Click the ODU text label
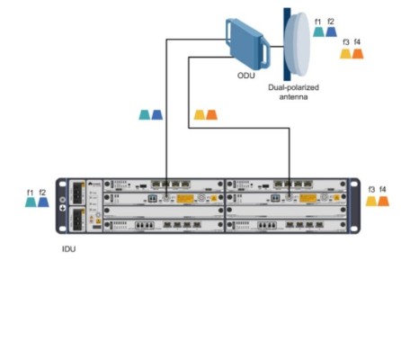tap(246, 76)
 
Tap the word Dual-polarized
tap(293, 87)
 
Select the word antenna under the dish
tap(293, 97)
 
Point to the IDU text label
tap(68, 249)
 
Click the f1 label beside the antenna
tap(317, 22)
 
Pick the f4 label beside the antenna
tap(357, 42)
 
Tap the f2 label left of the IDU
tap(42, 193)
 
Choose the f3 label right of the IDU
tap(371, 190)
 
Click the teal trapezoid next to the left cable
tap(145, 115)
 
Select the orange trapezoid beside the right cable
tap(211, 115)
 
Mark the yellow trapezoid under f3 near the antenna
tap(345, 54)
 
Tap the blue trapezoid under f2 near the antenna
tap(331, 31)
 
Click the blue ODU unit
tap(247, 44)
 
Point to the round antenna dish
tap(297, 44)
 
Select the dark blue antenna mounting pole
tap(287, 44)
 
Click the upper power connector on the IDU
tap(78, 192)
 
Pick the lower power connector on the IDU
tap(78, 219)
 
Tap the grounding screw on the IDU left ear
tap(63, 200)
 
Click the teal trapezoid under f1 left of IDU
tap(31, 202)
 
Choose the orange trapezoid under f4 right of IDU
tap(383, 201)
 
